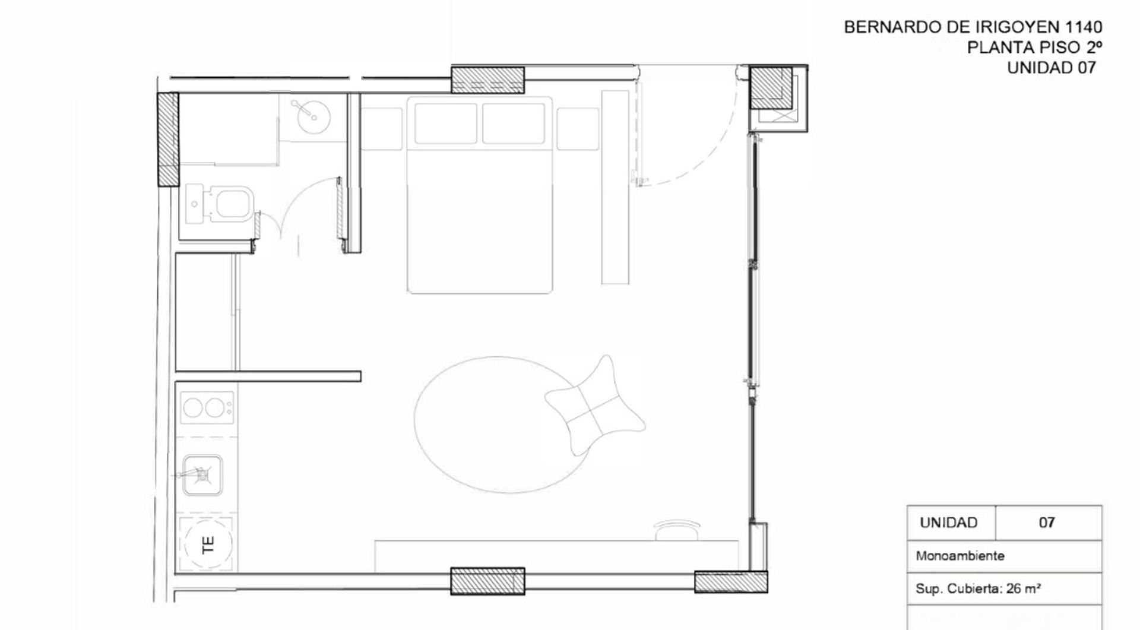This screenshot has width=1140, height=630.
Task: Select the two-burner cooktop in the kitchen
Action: pos(206,408)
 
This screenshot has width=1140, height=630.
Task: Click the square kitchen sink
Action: pos(202,474)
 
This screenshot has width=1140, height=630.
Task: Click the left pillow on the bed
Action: pos(446,124)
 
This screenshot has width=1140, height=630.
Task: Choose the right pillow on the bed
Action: pos(514,124)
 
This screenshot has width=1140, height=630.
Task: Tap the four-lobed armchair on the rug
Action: pos(595,406)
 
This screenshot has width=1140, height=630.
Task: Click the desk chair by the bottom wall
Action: pos(677,530)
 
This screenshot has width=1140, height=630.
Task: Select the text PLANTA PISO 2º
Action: pos(1035,47)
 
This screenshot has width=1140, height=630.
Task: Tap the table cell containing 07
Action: pos(1048,523)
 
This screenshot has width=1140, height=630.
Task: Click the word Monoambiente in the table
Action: pos(960,556)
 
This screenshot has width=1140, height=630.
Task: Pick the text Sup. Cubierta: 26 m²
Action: pos(978,589)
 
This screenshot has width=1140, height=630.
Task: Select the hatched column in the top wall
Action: pos(487,80)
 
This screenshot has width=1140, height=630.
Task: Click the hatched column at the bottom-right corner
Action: pos(731,582)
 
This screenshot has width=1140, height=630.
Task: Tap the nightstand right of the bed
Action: pos(578,129)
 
